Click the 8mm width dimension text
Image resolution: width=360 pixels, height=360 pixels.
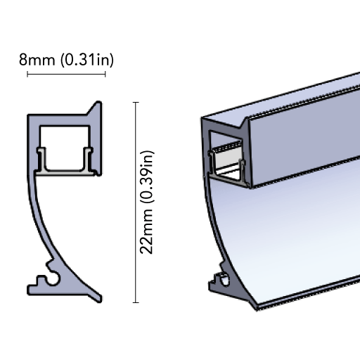(x=37, y=60)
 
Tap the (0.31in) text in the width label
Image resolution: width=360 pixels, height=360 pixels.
(x=87, y=60)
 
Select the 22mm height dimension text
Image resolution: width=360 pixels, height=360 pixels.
(x=146, y=231)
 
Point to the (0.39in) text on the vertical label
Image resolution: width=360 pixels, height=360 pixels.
(x=147, y=177)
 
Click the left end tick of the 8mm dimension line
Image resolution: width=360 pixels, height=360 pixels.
(x=27, y=75)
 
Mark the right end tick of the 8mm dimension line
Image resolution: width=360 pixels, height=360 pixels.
(x=105, y=75)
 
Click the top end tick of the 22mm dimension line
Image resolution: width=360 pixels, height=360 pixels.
(x=136, y=103)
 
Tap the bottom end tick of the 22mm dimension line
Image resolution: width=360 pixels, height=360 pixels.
(x=136, y=302)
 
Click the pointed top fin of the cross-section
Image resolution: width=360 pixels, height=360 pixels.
(x=96, y=108)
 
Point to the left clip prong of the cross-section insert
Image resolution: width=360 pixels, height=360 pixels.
(x=41, y=159)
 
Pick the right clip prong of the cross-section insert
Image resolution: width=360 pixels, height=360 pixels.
(x=89, y=159)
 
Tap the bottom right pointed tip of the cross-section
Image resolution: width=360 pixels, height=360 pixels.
(x=101, y=300)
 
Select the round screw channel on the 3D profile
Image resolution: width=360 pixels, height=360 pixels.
(x=224, y=279)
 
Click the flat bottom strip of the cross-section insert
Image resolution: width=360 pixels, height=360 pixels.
(x=65, y=172)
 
